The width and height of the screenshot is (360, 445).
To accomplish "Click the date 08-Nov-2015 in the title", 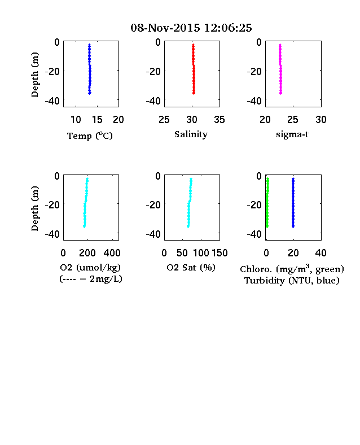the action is click(165, 28).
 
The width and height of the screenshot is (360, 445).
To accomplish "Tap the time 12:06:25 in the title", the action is click(228, 28).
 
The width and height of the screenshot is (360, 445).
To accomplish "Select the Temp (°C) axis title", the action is click(90, 136).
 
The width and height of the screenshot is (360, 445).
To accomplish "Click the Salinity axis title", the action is click(191, 134).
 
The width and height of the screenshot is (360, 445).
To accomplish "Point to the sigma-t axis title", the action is click(292, 134).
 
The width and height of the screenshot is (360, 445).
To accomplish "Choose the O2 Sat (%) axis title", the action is click(191, 267).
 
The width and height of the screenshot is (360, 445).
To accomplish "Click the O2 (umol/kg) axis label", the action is click(90, 267).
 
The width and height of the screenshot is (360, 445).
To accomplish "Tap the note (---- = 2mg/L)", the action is click(91, 279).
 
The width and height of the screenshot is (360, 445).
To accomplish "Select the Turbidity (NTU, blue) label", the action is click(292, 281).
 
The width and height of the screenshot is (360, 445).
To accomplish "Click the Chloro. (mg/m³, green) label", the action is click(292, 269).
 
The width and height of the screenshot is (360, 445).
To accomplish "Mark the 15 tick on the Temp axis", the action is click(97, 120).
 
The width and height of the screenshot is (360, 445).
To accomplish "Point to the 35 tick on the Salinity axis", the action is click(219, 120).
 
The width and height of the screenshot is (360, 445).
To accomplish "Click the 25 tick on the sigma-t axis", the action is click(292, 120).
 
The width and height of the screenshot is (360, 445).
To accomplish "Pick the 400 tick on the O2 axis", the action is click(112, 253).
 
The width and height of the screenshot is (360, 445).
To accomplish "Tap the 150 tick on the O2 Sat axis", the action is click(219, 253).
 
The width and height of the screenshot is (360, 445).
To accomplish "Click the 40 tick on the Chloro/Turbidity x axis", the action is click(321, 253).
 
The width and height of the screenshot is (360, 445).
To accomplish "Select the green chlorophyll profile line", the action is click(267, 203).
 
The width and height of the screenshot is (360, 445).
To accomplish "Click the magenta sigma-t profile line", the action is click(280, 69).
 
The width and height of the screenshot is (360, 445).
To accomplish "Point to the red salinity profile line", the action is click(194, 69).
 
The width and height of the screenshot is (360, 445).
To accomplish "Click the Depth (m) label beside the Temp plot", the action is click(34, 75).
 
